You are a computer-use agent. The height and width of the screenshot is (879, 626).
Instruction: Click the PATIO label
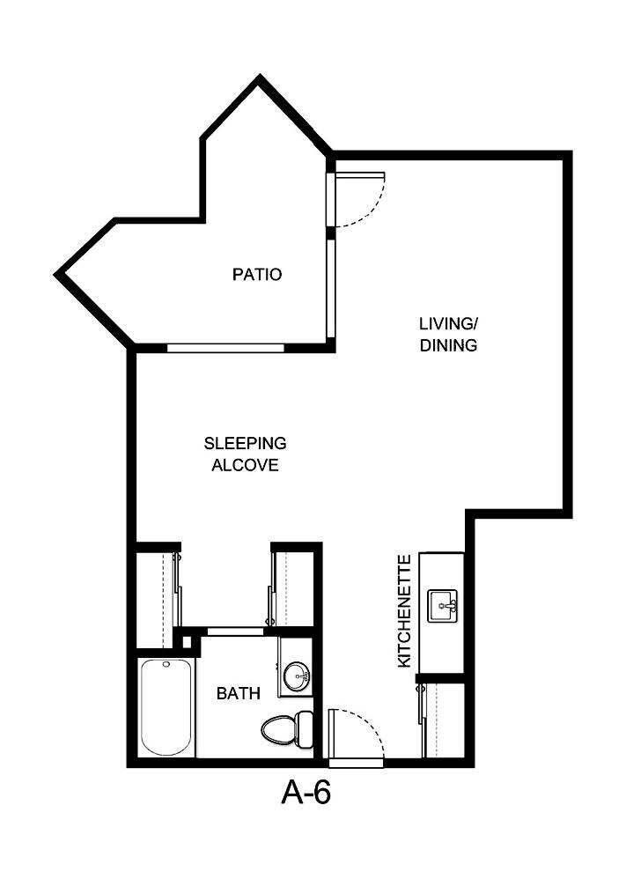(x=257, y=275)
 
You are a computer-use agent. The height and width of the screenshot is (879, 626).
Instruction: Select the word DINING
(x=448, y=345)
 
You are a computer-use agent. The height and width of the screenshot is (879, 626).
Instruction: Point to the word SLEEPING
(x=245, y=443)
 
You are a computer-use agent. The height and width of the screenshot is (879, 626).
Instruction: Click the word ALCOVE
(x=245, y=465)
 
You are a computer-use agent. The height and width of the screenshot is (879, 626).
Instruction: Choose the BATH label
(x=238, y=694)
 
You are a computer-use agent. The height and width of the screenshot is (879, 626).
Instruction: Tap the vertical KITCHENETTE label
(x=405, y=610)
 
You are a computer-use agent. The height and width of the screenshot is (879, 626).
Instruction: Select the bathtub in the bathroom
(x=166, y=706)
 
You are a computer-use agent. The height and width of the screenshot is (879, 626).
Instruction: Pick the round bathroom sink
(x=296, y=676)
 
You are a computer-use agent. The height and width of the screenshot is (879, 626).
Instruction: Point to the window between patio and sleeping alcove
(x=225, y=348)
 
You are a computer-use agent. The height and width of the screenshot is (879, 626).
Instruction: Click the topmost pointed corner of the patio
(x=259, y=80)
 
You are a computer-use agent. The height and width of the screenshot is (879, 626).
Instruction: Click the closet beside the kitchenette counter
(x=443, y=719)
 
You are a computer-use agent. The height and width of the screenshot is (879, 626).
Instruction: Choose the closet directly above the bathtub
(x=157, y=597)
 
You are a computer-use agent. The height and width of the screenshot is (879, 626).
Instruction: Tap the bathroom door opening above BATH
(x=235, y=631)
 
